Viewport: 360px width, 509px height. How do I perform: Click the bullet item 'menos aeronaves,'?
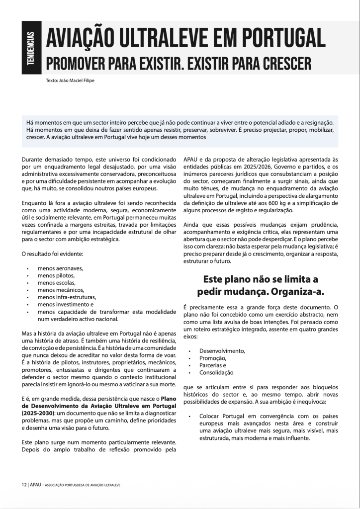(x=60, y=268)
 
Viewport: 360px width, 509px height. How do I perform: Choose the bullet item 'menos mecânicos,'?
(x=61, y=290)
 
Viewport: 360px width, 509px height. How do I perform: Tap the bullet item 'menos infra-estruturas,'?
(x=67, y=297)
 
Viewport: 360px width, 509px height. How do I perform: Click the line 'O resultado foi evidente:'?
(x=52, y=254)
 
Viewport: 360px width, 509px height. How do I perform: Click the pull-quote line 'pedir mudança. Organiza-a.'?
(x=261, y=291)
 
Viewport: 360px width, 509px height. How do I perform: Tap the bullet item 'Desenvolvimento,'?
(x=222, y=351)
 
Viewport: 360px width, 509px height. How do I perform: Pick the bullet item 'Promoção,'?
(x=213, y=358)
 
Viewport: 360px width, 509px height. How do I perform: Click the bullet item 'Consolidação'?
(x=216, y=372)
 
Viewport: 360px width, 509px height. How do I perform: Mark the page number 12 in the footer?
(x=24, y=484)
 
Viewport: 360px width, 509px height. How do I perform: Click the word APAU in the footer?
(x=35, y=484)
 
